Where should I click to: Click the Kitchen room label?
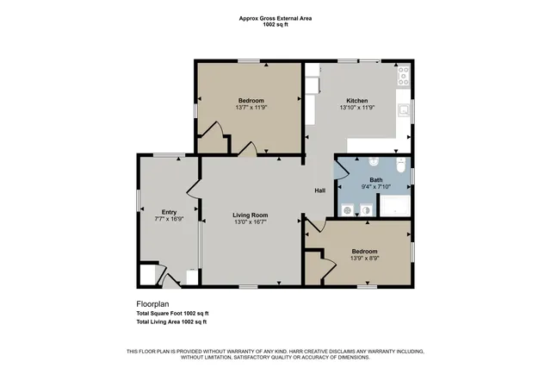point(357,100)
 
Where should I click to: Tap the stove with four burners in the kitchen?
point(403,75)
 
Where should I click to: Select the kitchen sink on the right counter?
point(403,110)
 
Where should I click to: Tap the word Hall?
point(319,190)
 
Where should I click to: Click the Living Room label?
point(251,215)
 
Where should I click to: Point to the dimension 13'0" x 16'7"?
point(251,222)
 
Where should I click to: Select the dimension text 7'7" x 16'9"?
point(169,219)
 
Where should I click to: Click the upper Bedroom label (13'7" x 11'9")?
point(251,101)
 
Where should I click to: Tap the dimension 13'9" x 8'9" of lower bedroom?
point(364,259)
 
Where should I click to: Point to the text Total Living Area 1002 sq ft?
point(172,321)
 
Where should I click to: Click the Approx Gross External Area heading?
point(275,18)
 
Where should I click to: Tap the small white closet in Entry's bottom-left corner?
point(148,275)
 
